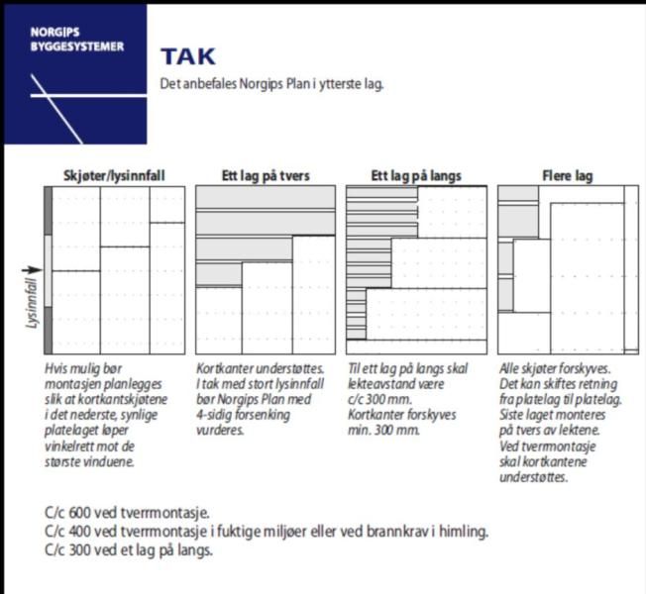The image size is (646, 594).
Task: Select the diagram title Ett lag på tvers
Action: tap(265, 176)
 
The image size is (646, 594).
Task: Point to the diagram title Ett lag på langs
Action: tap(415, 176)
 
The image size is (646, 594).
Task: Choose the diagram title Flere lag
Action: tap(567, 176)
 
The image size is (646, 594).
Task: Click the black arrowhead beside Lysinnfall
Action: tap(40, 268)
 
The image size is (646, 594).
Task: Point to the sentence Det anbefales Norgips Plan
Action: tap(271, 84)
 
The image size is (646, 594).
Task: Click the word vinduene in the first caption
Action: tap(126, 462)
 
